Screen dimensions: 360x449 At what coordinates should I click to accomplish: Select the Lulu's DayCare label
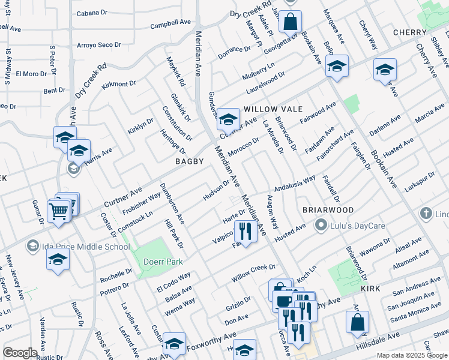(x=351, y=226)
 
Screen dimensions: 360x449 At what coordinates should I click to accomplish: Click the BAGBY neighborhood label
(x=190, y=162)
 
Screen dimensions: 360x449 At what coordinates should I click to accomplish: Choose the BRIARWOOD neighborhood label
(x=328, y=210)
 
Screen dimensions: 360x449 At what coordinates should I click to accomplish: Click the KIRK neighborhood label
(x=371, y=289)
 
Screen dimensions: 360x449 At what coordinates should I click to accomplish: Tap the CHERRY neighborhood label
(x=409, y=32)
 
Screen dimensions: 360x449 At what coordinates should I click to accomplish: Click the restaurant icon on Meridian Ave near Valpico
(x=246, y=230)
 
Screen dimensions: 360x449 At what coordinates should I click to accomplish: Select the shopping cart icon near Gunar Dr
(x=59, y=211)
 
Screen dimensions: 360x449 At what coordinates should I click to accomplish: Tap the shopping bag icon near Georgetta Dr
(x=290, y=22)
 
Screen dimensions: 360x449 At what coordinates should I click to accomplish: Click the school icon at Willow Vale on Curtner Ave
(x=228, y=119)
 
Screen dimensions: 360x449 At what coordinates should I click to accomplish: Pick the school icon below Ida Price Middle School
(x=58, y=260)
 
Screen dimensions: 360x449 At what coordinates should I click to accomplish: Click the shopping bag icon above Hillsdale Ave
(x=357, y=322)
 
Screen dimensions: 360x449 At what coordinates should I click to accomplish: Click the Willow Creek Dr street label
(x=253, y=273)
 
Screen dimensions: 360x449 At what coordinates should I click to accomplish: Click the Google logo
(x=20, y=352)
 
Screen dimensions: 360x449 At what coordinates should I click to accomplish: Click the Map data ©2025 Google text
(x=412, y=355)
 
